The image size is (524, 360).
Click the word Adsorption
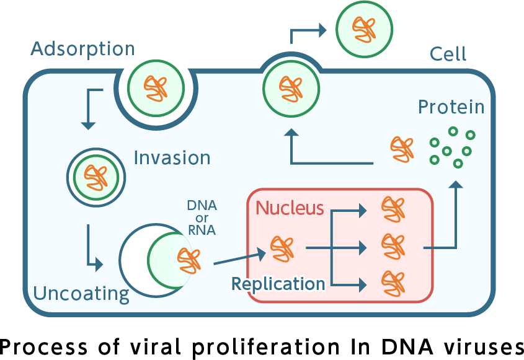82,49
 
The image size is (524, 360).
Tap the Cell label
448,55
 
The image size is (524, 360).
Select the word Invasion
172,158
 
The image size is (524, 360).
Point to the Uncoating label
81,293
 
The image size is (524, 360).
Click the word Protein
451,107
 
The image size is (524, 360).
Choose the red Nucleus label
290,208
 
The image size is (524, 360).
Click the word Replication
278,284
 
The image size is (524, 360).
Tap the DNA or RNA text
202,218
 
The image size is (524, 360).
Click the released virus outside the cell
364,28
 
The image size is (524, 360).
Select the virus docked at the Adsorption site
156,88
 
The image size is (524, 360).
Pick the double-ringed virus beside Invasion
96,177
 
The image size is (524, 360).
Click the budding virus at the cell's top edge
291,88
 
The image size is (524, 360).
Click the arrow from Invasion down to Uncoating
92,248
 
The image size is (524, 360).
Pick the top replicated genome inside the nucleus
393,209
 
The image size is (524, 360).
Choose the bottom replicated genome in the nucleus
393,283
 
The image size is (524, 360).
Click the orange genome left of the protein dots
402,149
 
